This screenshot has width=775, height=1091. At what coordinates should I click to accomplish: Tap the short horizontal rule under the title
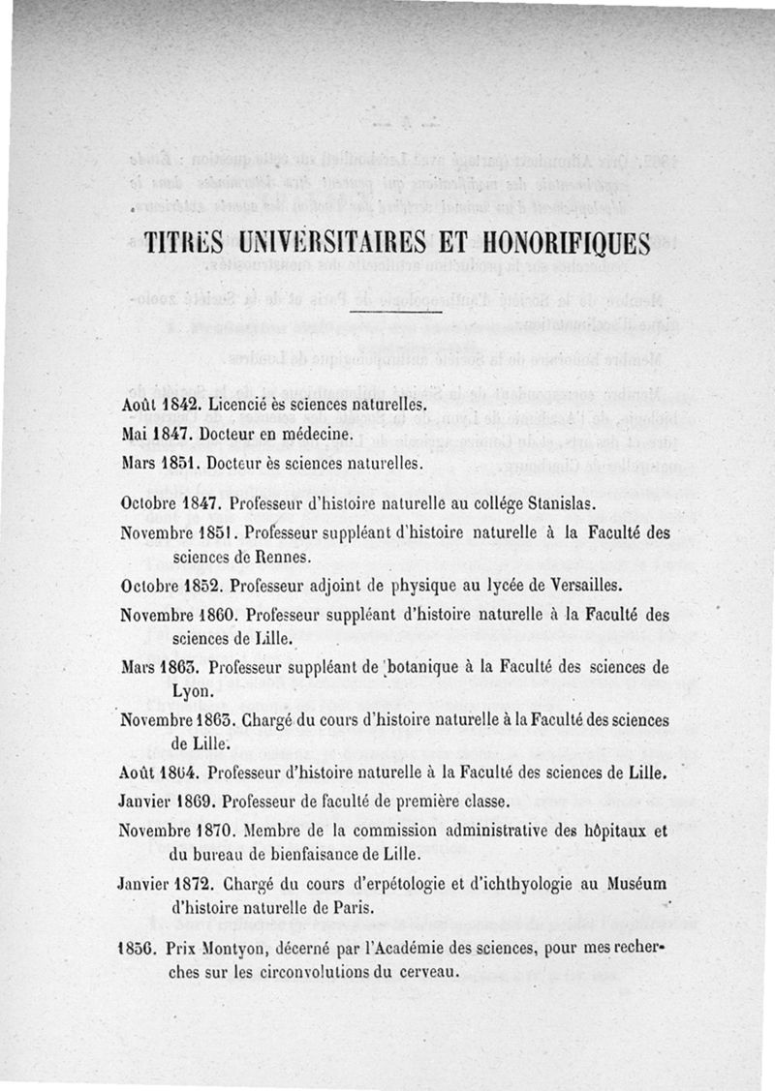click(394, 312)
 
